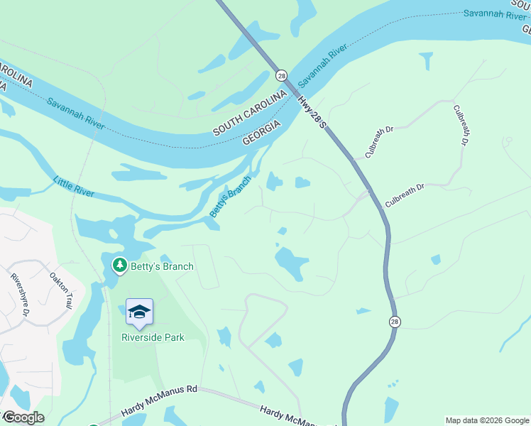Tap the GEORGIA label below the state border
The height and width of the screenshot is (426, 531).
(x=262, y=131)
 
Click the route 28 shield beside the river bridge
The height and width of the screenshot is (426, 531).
(x=282, y=75)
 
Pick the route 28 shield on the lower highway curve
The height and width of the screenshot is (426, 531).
(x=394, y=322)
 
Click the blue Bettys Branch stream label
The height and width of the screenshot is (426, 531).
(x=230, y=197)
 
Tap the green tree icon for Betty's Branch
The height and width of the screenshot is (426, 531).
(x=120, y=266)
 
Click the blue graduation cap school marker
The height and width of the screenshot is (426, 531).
(x=139, y=312)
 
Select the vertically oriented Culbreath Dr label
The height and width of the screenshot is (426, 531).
(x=461, y=126)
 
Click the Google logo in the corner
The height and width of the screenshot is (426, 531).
(x=23, y=417)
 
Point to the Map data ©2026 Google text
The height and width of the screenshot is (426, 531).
(x=487, y=420)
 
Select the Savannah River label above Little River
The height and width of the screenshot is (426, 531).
(x=76, y=113)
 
